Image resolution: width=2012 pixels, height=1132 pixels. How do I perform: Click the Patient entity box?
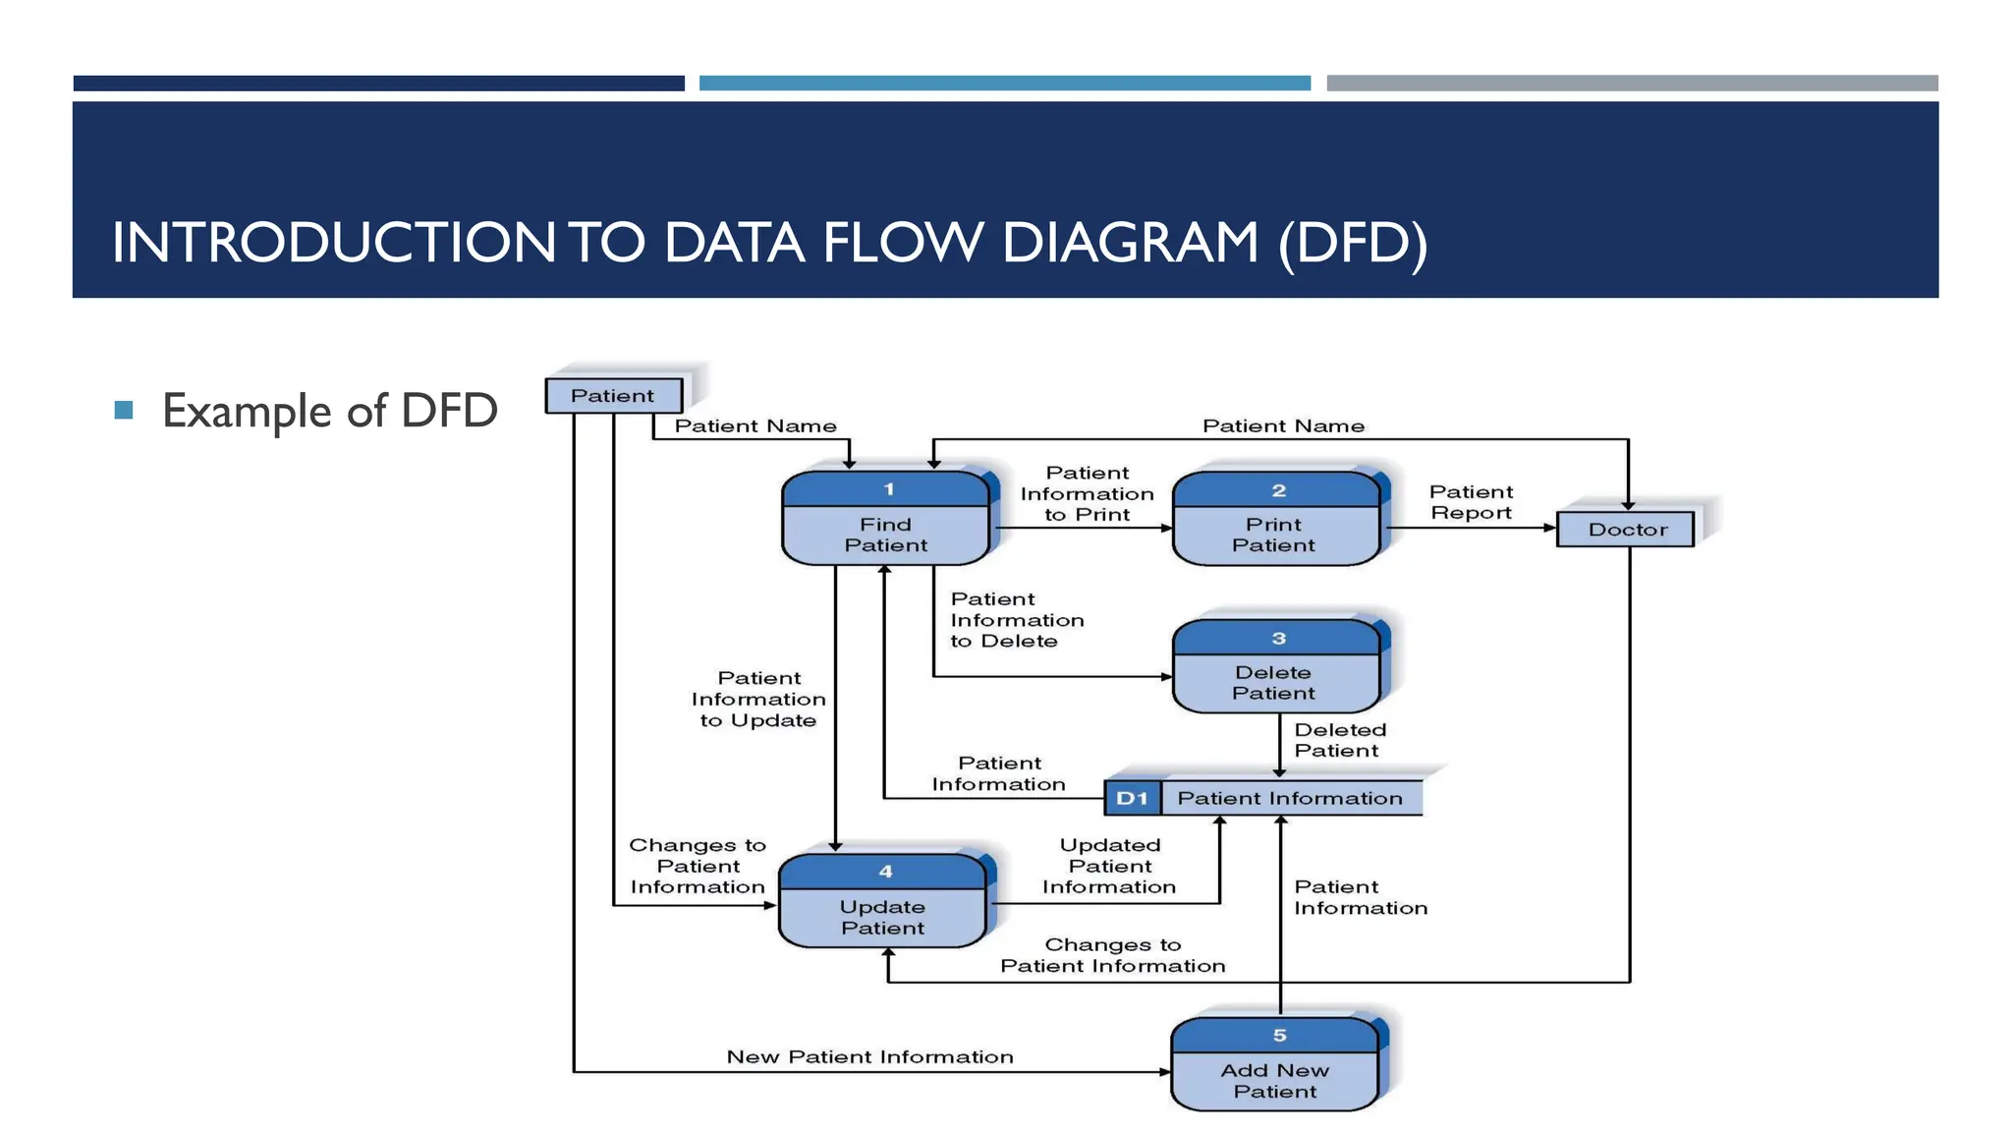click(x=613, y=396)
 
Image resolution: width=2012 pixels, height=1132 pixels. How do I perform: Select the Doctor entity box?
click(x=1626, y=530)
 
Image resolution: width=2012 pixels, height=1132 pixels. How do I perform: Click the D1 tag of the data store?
click(x=1132, y=799)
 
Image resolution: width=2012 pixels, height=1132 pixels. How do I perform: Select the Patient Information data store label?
click(x=1290, y=799)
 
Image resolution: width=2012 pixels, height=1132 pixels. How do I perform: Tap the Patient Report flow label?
click(x=1471, y=502)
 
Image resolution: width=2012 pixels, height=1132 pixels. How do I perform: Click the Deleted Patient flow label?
click(x=1339, y=740)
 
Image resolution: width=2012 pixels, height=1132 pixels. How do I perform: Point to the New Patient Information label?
click(x=869, y=1057)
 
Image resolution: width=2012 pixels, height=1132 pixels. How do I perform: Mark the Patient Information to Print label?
click(x=1087, y=493)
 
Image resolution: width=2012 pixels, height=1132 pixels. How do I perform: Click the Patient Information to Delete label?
click(x=1016, y=620)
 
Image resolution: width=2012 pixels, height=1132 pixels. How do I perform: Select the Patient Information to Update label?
click(x=758, y=699)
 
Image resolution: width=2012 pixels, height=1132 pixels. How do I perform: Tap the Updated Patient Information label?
click(x=1109, y=866)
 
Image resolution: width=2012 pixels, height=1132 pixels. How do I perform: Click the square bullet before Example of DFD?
click(x=124, y=410)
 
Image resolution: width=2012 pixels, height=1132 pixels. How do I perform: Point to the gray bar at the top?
click(x=1631, y=84)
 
